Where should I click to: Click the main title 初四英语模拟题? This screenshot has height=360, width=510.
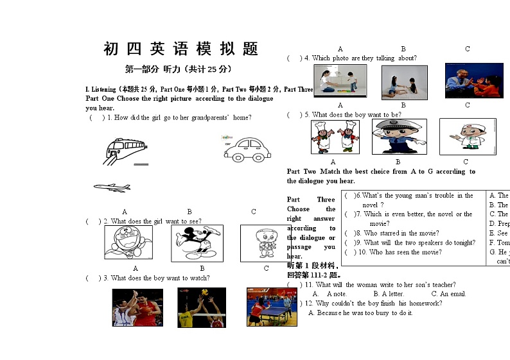(x=180, y=49)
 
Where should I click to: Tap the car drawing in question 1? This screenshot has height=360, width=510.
(x=247, y=150)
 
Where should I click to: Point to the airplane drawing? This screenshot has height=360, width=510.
(x=112, y=187)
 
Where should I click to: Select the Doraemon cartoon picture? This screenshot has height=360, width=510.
(x=128, y=243)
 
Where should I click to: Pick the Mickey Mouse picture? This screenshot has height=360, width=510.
(x=197, y=243)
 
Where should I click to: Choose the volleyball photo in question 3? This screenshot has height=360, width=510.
(x=202, y=308)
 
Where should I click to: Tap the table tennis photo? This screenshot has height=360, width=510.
(x=267, y=307)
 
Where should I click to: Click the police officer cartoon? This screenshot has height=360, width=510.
(x=399, y=137)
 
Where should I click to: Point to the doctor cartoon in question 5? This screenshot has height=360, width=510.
(x=467, y=137)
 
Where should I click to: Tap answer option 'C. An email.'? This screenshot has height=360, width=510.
(x=448, y=294)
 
